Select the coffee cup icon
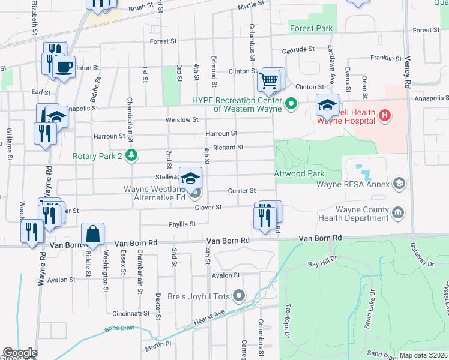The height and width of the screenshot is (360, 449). tap(63, 65)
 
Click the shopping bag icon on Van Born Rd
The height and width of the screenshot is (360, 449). tap(93, 234)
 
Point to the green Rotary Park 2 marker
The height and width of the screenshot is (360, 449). tap(131, 156)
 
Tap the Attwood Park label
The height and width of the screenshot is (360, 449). tap(295, 173)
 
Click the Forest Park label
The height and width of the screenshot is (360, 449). tap(311, 28)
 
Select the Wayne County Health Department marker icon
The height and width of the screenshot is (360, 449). tap(397, 212)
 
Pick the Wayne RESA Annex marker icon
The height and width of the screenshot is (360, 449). tap(397, 184)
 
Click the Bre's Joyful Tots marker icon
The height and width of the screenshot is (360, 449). tap(240, 295)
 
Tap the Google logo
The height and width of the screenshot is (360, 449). tap(19, 353)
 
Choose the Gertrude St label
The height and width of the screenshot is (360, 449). tap(298, 49)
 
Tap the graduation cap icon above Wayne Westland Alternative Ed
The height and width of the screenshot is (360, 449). tap(191, 178)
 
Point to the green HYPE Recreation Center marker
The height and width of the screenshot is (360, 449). tap(292, 104)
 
